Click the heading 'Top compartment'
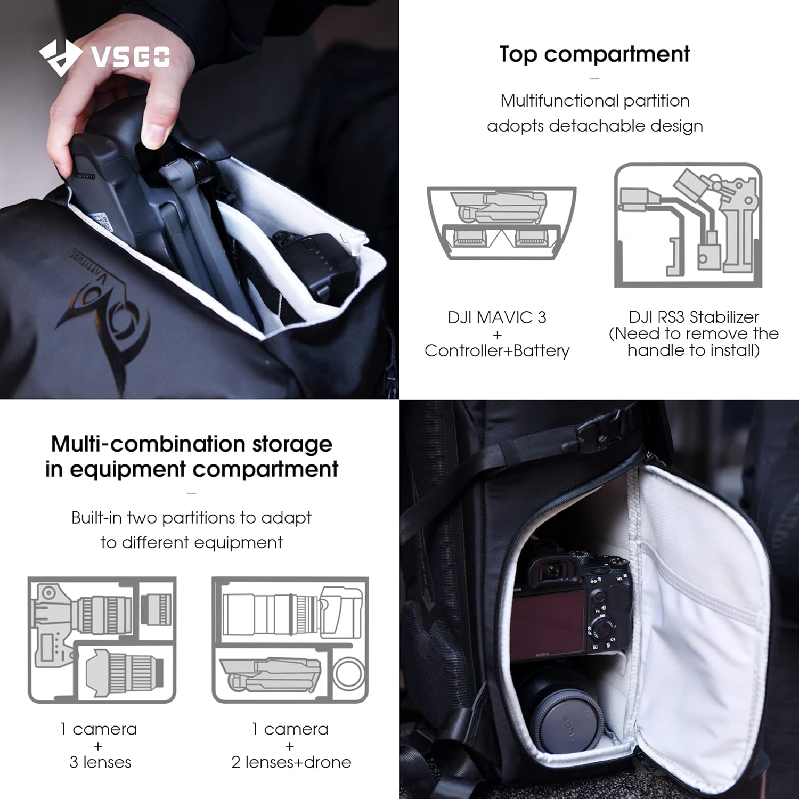(594, 54)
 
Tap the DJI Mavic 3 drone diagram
(501, 223)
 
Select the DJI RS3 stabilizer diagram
(688, 225)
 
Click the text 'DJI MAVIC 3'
(496, 317)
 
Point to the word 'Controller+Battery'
(496, 350)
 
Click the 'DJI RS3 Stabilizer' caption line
(693, 317)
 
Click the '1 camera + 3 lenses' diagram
(102, 640)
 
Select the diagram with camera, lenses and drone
(290, 640)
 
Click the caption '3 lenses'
(100, 762)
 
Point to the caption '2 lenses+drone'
(291, 762)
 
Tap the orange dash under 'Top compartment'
(594, 79)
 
